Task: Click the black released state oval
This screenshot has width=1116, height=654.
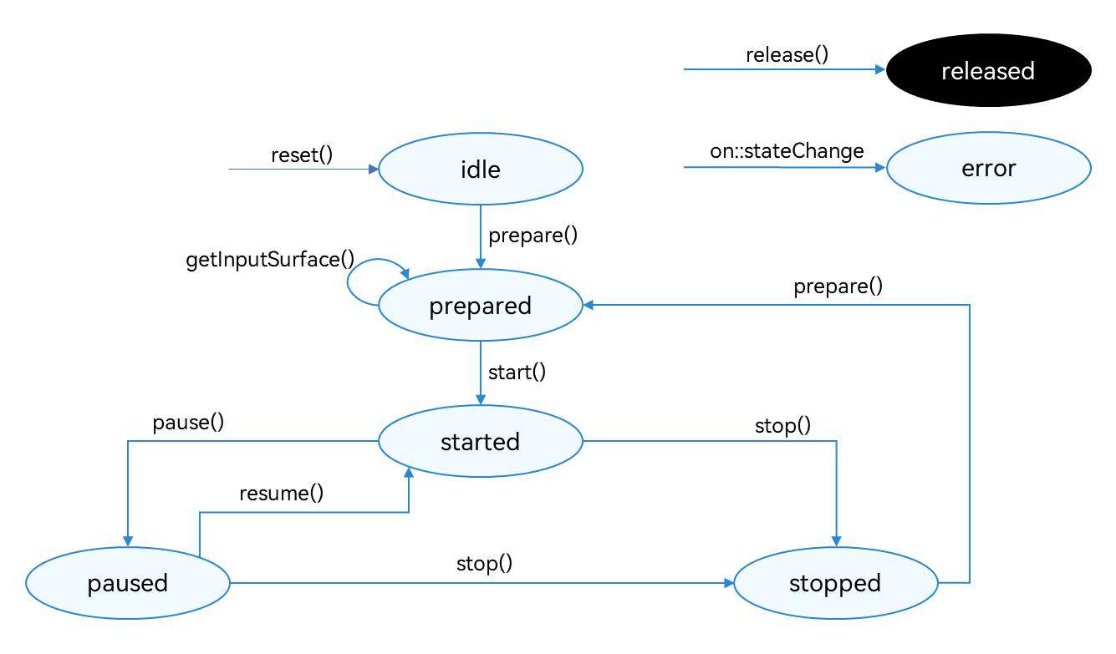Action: point(988,71)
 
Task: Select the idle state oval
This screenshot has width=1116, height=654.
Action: point(481,170)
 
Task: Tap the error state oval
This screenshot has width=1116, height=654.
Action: point(988,168)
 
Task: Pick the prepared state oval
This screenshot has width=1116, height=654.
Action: point(481,306)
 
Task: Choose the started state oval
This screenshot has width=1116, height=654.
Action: point(481,442)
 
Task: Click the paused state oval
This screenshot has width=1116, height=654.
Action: point(128,583)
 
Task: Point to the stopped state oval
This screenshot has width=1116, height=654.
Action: point(835,583)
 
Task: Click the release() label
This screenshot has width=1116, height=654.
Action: point(787,55)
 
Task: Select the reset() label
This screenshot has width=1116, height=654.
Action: point(302,155)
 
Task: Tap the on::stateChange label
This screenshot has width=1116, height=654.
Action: point(787,151)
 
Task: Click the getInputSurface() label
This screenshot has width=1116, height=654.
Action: point(270,259)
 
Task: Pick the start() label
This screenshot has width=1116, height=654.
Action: point(517,372)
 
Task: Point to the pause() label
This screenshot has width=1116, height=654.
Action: point(188,423)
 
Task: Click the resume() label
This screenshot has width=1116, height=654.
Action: point(281,493)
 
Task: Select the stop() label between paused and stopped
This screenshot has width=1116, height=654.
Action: point(484,563)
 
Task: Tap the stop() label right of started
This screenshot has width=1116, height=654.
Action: point(782,425)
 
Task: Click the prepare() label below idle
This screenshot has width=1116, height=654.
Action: point(533,236)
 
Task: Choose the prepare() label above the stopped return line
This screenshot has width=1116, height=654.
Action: point(838,286)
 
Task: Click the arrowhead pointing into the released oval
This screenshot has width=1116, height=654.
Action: point(879,70)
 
